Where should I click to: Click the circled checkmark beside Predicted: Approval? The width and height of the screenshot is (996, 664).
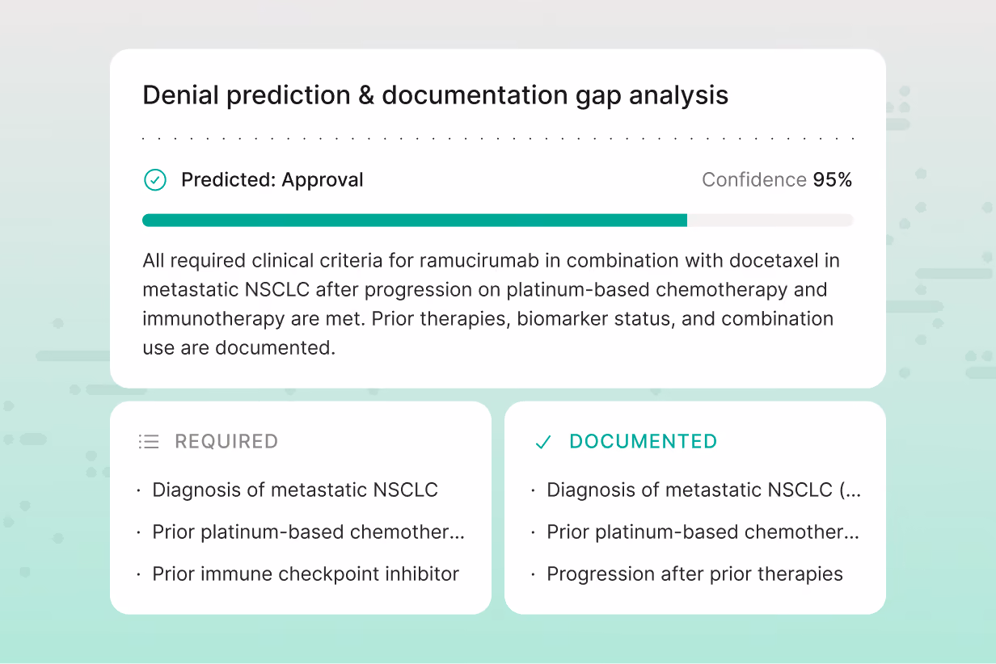(x=154, y=180)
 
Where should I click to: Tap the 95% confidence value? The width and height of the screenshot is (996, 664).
(x=833, y=180)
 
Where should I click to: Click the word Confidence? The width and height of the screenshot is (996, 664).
(x=754, y=180)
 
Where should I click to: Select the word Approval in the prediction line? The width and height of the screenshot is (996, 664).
(x=323, y=181)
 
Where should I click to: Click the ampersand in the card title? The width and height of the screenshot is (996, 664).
(x=366, y=95)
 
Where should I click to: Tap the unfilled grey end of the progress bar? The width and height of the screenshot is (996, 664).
(x=770, y=221)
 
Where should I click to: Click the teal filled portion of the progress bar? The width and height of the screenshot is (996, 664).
(x=415, y=221)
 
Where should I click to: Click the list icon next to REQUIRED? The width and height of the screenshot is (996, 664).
(x=149, y=442)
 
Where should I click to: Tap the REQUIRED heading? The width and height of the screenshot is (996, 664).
(x=226, y=442)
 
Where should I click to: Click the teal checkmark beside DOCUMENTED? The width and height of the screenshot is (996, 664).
(x=543, y=442)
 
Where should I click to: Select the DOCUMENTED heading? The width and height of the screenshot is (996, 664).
(x=644, y=442)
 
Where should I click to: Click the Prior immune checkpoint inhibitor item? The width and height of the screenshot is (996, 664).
(x=306, y=574)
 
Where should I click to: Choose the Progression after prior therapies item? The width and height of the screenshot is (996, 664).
(x=694, y=574)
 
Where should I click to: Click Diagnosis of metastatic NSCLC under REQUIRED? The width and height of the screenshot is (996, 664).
(x=295, y=490)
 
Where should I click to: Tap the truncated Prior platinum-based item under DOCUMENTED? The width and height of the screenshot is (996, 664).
(x=703, y=532)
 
